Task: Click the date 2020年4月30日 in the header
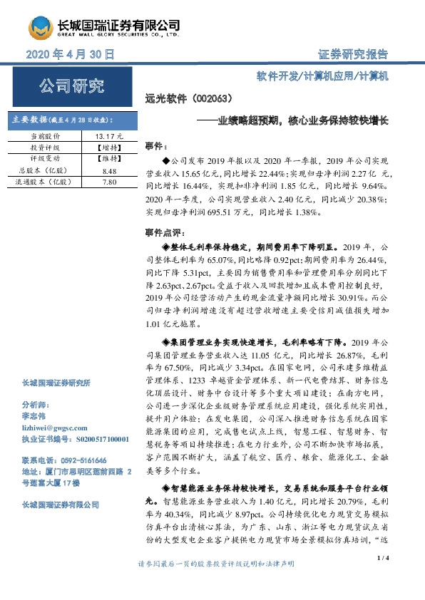click(70, 54)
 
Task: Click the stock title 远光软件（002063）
click(188, 100)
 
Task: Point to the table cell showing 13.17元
click(109, 135)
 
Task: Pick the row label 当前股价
click(46, 135)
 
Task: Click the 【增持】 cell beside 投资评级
click(109, 147)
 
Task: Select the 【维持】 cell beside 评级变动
click(109, 159)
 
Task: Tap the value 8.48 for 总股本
click(109, 171)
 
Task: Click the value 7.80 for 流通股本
click(109, 182)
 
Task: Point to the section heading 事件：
click(155, 145)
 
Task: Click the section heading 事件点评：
click(165, 232)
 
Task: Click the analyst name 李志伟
click(33, 417)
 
